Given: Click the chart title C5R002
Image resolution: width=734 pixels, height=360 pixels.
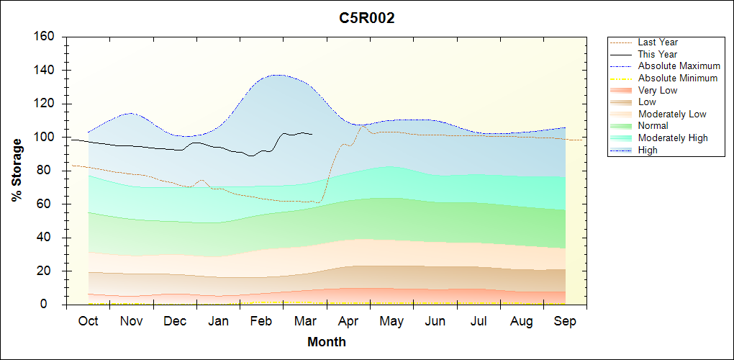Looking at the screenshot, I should coord(367,18).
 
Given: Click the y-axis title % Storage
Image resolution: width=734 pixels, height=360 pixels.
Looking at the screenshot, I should coord(17,170).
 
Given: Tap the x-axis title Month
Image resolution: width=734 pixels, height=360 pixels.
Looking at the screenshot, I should coord(327,342).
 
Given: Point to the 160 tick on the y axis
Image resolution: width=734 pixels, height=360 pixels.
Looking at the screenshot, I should coord(46,37).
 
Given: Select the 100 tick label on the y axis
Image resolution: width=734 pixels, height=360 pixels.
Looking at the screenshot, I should coord(46,138).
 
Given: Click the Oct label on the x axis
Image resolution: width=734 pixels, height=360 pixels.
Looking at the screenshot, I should coord(88,321).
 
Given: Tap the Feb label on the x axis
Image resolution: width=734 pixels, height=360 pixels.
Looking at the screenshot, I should coord(261,321).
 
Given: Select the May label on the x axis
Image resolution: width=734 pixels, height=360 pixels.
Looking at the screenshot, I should coord(391,321).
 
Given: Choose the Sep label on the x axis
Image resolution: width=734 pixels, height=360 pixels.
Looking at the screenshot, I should coord(565,321).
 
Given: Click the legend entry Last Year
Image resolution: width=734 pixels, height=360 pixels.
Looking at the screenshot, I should coord(658,42).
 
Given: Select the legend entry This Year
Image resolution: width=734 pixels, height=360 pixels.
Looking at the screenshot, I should coord(658,54).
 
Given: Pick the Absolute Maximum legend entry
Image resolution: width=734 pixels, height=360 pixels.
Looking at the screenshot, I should coord(679,66).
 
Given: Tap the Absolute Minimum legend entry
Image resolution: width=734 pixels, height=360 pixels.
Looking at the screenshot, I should coord(678,78).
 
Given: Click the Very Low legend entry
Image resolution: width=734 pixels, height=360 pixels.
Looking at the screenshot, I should coord(658,90).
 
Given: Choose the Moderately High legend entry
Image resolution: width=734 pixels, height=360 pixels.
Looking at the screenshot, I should coord(673,138).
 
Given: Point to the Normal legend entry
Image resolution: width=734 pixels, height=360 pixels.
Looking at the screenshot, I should coord(653,126).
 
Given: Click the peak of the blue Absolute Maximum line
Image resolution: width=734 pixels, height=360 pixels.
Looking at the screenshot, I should coord(277,75).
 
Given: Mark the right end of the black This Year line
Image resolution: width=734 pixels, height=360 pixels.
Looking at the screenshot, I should coord(312,134).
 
